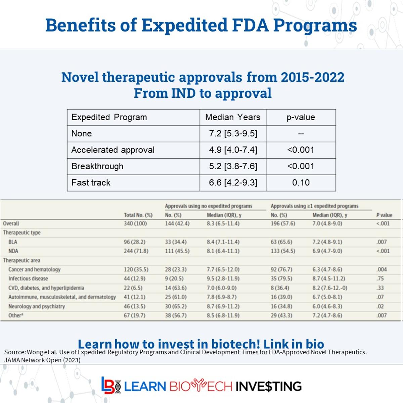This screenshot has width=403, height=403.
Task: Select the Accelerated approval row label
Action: coord(113,150)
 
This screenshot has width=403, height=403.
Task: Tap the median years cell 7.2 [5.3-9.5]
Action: coord(233,134)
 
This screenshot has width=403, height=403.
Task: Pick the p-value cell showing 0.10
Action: coord(301,183)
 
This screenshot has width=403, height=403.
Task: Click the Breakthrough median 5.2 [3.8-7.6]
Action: coord(233,166)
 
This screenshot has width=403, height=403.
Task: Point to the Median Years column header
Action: coord(233,117)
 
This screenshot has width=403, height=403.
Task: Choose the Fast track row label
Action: coord(91,183)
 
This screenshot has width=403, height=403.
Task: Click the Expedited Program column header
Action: coord(109,117)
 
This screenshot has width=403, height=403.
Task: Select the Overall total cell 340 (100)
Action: coord(135,223)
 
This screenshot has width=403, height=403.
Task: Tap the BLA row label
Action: coord(13,242)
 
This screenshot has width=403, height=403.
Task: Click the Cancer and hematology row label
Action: coord(34,269)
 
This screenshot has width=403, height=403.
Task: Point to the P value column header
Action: coord(384,215)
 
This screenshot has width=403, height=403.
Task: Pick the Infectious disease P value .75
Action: coord(380,278)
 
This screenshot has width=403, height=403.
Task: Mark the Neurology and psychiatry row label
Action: coord(37,306)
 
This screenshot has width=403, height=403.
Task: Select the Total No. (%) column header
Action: coord(138,215)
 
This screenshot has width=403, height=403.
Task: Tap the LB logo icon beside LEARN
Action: coord(111,385)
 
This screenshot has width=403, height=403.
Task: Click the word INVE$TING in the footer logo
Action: coord(268,386)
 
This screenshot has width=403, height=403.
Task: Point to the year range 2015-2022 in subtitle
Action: coord(312,77)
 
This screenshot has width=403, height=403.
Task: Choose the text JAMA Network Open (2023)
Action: coord(42,360)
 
